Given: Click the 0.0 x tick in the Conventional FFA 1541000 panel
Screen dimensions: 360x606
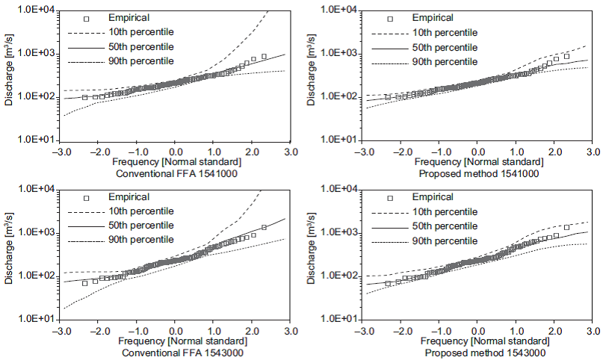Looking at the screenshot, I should click(x=175, y=150).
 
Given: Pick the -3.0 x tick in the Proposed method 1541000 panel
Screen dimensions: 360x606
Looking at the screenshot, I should click(x=362, y=150).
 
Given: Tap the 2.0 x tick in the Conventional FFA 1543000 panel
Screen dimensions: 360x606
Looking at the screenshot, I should click(x=252, y=330).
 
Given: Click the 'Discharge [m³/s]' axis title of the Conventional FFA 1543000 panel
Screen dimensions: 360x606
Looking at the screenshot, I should click(x=9, y=254).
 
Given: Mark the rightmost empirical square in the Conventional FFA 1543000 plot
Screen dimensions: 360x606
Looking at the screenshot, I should click(x=264, y=227).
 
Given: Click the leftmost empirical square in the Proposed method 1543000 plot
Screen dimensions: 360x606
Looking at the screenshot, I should click(x=388, y=284).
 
